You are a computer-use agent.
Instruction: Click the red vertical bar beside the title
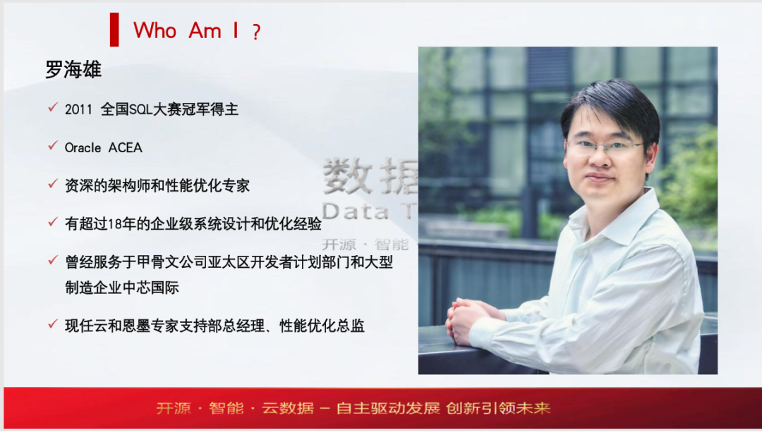pyautogui.click(x=114, y=30)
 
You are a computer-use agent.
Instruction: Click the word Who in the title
pyautogui.click(x=155, y=30)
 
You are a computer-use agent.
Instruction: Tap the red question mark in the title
pyautogui.click(x=256, y=32)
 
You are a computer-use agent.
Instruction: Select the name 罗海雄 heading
pyautogui.click(x=73, y=69)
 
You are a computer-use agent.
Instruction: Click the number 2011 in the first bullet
pyautogui.click(x=78, y=110)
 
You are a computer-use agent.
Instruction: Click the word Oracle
pyautogui.click(x=83, y=147)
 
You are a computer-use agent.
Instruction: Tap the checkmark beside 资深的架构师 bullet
pyautogui.click(x=53, y=184)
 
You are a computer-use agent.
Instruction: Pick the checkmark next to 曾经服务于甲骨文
pyautogui.click(x=53, y=261)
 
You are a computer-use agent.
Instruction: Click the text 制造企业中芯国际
pyautogui.click(x=122, y=288)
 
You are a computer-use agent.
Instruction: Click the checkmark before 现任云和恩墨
pyautogui.click(x=53, y=323)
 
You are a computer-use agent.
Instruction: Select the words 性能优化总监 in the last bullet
pyautogui.click(x=322, y=326)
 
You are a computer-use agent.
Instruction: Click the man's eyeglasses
pyautogui.click(x=606, y=145)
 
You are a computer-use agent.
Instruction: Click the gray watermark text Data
pyautogui.click(x=355, y=211)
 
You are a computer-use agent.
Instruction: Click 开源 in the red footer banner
pyautogui.click(x=174, y=408)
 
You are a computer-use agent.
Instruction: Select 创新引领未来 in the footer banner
pyautogui.click(x=498, y=408)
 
